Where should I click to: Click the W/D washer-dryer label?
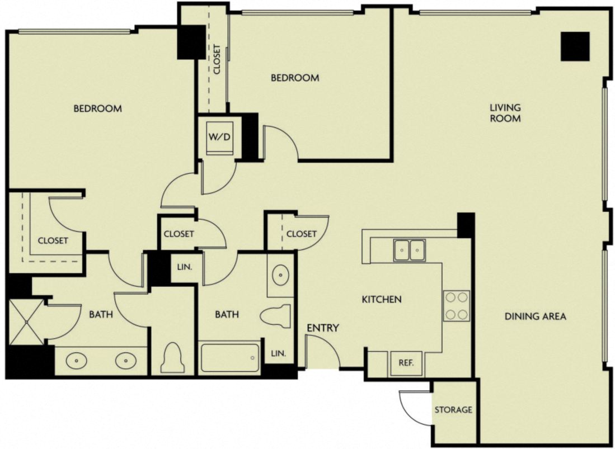click(x=219, y=137)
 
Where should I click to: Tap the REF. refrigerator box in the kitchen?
click(x=406, y=362)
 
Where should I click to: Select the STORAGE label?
click(x=453, y=410)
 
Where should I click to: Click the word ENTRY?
click(x=322, y=328)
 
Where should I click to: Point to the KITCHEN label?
click(x=381, y=299)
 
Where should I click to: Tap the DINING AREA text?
click(x=535, y=316)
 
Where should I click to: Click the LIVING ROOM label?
click(x=505, y=112)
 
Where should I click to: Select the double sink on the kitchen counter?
click(x=409, y=250)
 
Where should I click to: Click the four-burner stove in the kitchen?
click(x=456, y=306)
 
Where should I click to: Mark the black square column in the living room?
click(x=575, y=46)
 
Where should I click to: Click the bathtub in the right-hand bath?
click(x=230, y=358)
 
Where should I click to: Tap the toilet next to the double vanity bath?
click(x=172, y=358)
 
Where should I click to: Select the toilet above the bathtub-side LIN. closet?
click(x=276, y=316)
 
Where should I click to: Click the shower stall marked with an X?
click(x=26, y=322)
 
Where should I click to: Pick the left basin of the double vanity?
click(x=76, y=361)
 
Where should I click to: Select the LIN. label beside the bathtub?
click(x=279, y=353)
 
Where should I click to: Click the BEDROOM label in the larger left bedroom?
click(x=97, y=108)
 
